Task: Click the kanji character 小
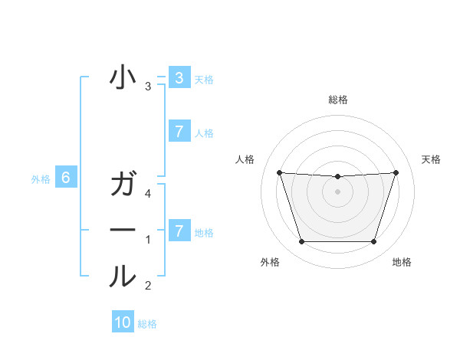pyautogui.click(x=123, y=79)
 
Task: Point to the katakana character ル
pyautogui.click(x=123, y=276)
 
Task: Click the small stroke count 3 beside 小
pyautogui.click(x=148, y=87)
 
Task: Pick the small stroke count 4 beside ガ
pyautogui.click(x=148, y=195)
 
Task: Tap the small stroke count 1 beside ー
pyautogui.click(x=148, y=240)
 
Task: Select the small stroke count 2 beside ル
pyautogui.click(x=148, y=286)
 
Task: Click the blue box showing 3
pyautogui.click(x=179, y=78)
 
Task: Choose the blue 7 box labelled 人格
pyautogui.click(x=179, y=132)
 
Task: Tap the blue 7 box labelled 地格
pyautogui.click(x=179, y=231)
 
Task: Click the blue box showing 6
pyautogui.click(x=66, y=178)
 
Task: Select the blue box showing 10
pyautogui.click(x=123, y=322)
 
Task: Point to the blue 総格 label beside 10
pyautogui.click(x=147, y=324)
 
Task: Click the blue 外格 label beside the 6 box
pyautogui.click(x=41, y=179)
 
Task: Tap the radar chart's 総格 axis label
pyautogui.click(x=338, y=100)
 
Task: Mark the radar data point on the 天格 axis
pyautogui.click(x=396, y=172)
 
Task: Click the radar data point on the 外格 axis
pyautogui.click(x=301, y=242)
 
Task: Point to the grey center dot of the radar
pyautogui.click(x=337, y=192)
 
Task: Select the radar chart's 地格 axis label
pyautogui.click(x=402, y=263)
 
